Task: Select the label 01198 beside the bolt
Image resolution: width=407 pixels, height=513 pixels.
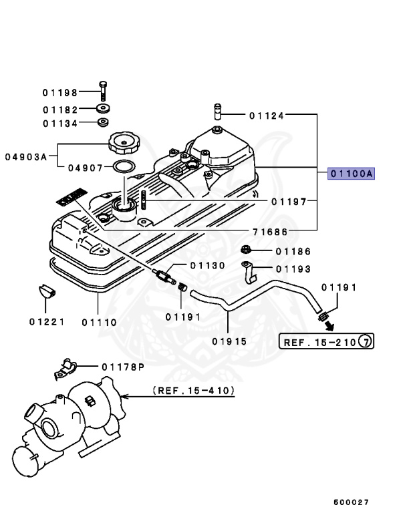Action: (61, 93)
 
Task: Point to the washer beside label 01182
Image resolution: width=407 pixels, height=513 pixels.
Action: (104, 109)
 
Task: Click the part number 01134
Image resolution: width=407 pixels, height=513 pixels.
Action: (61, 124)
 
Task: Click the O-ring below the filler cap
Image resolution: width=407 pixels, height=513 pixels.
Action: (123, 166)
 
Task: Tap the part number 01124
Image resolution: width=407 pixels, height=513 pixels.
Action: (267, 116)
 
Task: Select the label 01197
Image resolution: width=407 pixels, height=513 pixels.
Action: (289, 201)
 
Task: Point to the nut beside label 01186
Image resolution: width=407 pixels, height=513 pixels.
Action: (245, 251)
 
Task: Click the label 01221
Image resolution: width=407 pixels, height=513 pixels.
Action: (46, 321)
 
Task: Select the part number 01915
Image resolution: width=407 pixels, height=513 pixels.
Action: (230, 341)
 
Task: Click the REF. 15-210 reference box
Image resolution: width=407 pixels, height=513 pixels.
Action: (327, 342)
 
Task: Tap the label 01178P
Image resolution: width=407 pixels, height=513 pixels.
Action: (124, 367)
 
